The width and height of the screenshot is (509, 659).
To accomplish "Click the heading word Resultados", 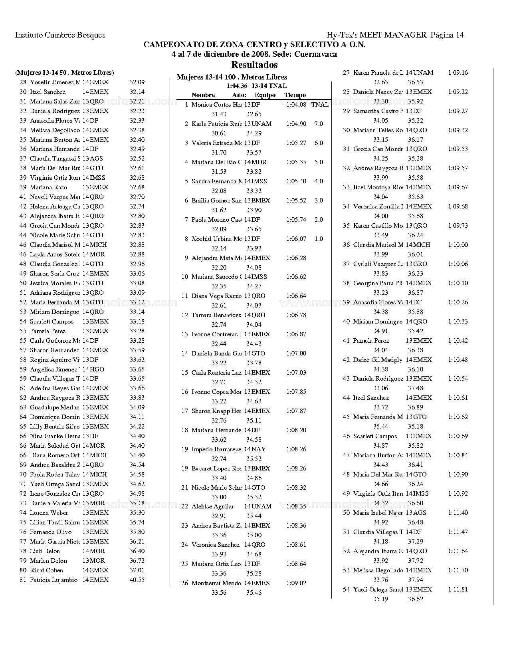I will pos(254,65).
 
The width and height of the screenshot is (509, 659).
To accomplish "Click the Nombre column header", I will pos(203,95).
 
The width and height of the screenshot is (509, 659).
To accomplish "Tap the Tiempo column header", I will pos(295,95).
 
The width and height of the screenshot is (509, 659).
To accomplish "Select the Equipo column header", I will pos(265,95).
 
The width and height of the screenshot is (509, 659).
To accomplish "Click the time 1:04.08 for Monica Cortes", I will pos(296,105).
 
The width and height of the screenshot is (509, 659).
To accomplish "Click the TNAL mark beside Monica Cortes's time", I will pos(320,105).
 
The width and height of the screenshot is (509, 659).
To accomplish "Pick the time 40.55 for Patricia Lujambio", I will pos(137,580).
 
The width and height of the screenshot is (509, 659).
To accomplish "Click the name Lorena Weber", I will pos(49,513).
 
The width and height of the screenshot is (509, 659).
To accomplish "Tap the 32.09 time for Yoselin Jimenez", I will pos(137,82).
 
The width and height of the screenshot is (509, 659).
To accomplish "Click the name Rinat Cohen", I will pos(46,570).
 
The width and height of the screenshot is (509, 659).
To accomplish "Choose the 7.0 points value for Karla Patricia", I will pos(319,124).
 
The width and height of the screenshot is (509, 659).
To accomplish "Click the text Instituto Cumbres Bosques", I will pos(60,35).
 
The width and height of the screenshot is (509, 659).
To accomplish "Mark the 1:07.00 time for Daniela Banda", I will pos(296,353).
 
